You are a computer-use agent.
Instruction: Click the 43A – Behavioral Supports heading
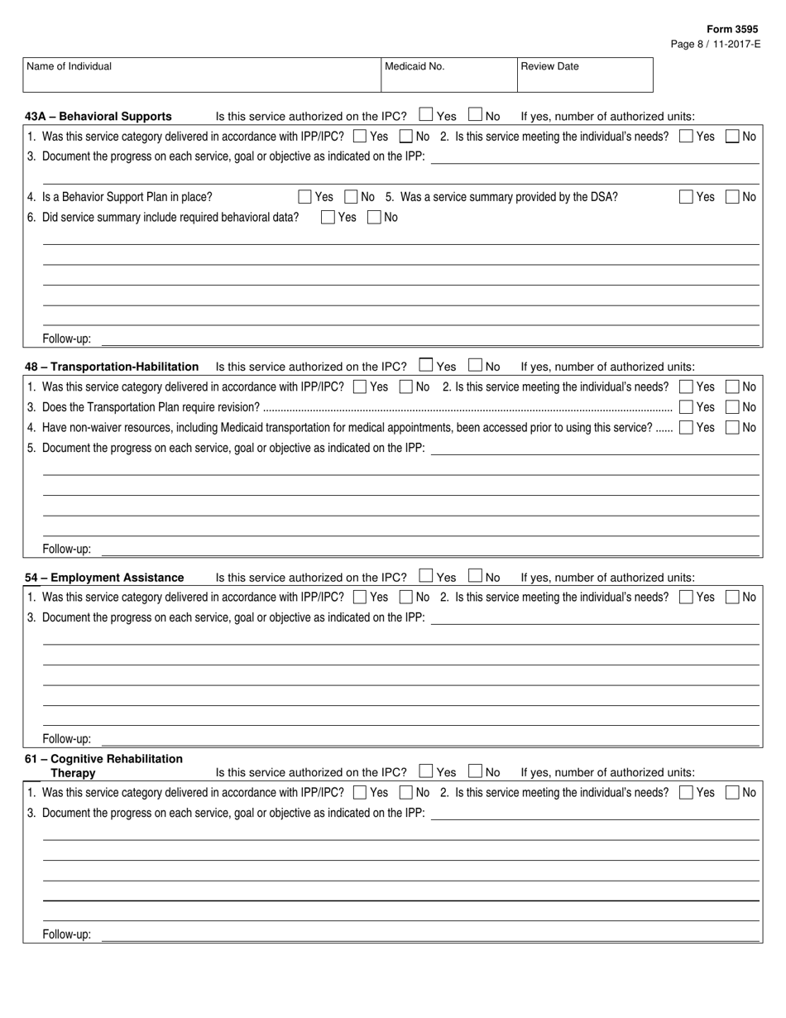[98, 117]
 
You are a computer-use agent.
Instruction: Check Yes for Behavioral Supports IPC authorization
[426, 115]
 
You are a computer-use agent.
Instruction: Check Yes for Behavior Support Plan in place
[305, 197]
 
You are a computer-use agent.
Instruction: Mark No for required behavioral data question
[374, 218]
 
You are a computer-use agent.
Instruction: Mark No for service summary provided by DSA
[732, 197]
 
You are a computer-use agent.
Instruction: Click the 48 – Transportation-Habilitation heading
[112, 367]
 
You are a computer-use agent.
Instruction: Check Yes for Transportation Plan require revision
[686, 407]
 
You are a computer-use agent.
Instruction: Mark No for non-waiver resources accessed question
[732, 428]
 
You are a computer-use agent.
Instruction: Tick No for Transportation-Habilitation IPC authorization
[475, 365]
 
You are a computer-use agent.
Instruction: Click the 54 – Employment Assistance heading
[104, 578]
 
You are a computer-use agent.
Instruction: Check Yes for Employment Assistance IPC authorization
[426, 576]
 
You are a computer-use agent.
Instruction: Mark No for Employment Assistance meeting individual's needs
[732, 598]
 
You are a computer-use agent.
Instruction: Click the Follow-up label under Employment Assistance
[67, 739]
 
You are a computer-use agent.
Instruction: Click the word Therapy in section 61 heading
[73, 773]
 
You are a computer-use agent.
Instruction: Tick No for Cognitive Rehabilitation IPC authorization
[475, 771]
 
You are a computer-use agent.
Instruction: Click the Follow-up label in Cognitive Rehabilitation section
[67, 934]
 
